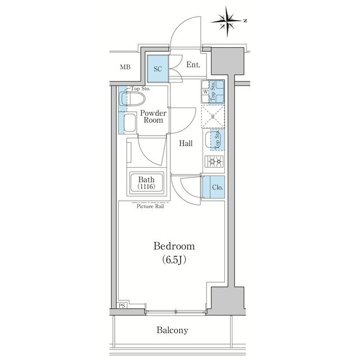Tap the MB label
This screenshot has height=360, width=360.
pyautogui.click(x=125, y=67)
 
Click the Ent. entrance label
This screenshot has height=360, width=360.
pyautogui.click(x=193, y=65)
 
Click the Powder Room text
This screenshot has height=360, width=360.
pyautogui.click(x=152, y=116)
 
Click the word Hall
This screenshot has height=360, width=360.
pyautogui.click(x=186, y=143)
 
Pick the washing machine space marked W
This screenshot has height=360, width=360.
pyautogui.click(x=206, y=92)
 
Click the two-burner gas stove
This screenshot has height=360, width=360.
pyautogui.click(x=213, y=163)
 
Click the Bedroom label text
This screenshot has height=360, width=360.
pyautogui.click(x=174, y=246)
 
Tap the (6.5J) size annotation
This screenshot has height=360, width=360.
pyautogui.click(x=174, y=260)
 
